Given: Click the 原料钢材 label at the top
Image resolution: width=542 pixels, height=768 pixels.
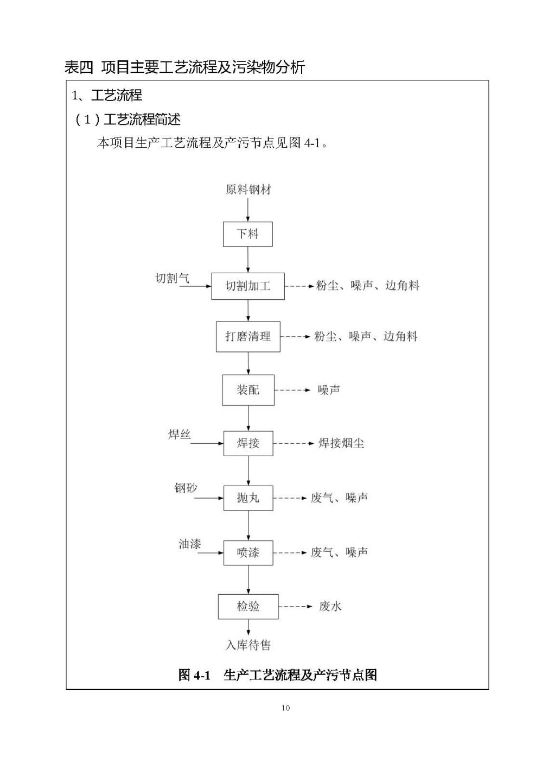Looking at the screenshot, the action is coord(248,189).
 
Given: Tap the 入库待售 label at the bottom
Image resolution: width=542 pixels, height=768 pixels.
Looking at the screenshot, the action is coord(248,645).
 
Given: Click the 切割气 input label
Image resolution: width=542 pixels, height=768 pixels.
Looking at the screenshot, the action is coord(172,278).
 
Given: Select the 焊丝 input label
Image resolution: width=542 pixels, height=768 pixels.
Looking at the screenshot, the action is coord(179,435).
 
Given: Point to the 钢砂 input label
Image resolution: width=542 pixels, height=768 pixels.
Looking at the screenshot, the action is coord(186,488).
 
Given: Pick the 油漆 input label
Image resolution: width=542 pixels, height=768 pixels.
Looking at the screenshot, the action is coord(189,544).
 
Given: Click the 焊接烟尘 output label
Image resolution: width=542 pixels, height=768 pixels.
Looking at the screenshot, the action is coord(341,443).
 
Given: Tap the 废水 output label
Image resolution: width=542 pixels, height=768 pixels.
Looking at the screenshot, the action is coord(330,607).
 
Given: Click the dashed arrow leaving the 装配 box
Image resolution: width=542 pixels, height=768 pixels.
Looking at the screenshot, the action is coord(292,390).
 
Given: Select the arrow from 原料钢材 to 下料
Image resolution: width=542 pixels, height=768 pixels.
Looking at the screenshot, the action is coord(248,209).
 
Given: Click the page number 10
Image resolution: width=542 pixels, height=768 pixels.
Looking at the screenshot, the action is coord(285,708).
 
